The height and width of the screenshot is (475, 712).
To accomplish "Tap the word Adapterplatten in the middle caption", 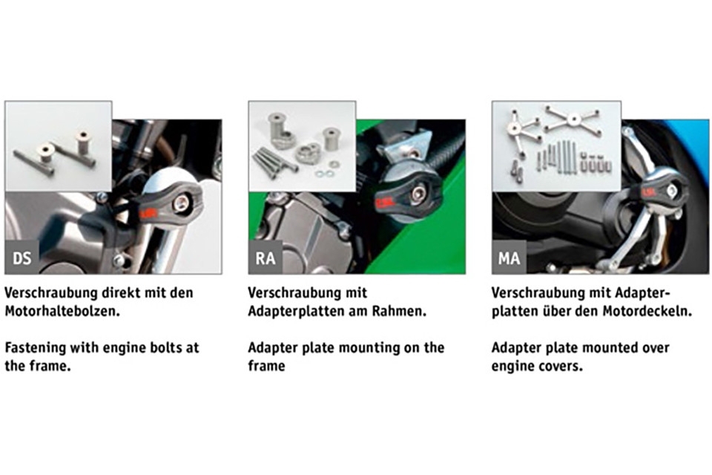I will pyautogui.click(x=297, y=311).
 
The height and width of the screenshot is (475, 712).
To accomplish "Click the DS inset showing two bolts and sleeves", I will pyautogui.click(x=58, y=146).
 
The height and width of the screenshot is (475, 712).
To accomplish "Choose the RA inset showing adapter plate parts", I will pyautogui.click(x=301, y=146).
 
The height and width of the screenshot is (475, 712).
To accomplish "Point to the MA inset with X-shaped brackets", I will pyautogui.click(x=556, y=146).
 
